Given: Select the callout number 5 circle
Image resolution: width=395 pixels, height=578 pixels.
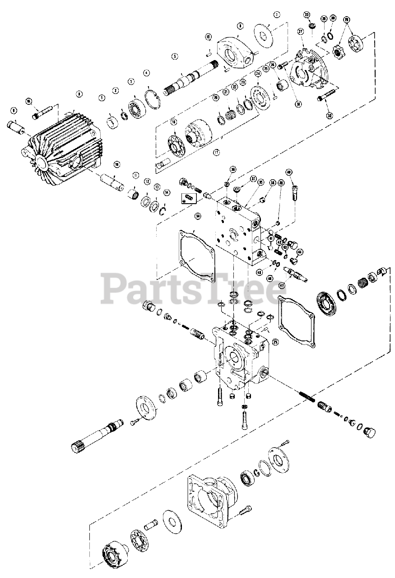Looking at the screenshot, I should (174, 56).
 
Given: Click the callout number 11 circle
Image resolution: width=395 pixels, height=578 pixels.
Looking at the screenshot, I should (135, 175).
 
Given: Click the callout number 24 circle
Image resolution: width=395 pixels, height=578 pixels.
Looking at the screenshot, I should (258, 74).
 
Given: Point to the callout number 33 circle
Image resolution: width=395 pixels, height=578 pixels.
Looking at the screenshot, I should (307, 15).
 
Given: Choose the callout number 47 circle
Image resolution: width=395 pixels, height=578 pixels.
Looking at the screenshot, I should (283, 284).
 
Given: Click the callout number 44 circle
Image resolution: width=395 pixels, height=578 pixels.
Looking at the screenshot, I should (300, 252).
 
